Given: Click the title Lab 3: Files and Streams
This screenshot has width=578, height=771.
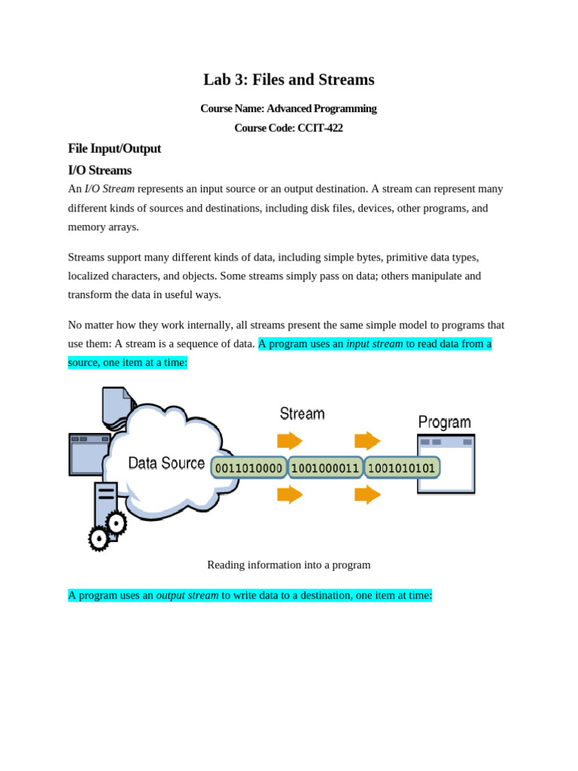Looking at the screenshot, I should [288, 80].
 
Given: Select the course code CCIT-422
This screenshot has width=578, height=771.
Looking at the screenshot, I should [320, 128].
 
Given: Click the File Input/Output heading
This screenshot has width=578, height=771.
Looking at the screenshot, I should [114, 148].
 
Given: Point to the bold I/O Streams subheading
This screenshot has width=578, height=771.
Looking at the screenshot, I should [99, 170].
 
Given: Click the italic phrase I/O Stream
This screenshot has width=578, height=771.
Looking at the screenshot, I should [109, 189].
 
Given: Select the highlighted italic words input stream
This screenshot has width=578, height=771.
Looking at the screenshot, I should [374, 344].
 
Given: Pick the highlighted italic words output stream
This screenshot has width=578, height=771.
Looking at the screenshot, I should [187, 596].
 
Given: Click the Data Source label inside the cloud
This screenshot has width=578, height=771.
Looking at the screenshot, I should [166, 463].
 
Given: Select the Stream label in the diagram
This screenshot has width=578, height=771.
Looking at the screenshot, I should [302, 413].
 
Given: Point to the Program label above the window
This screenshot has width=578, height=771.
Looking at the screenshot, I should [444, 422].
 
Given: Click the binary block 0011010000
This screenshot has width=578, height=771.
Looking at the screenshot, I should [248, 468].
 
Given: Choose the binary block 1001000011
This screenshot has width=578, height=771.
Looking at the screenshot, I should [325, 468].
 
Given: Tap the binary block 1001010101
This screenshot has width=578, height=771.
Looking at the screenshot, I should [402, 468].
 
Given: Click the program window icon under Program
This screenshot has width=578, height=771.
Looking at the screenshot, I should [446, 465].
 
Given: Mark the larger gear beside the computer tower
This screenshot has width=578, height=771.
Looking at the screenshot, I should [116, 523].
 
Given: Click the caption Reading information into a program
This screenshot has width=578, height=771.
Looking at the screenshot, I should [288, 565].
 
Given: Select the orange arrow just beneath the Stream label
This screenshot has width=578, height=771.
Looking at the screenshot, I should [290, 440].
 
